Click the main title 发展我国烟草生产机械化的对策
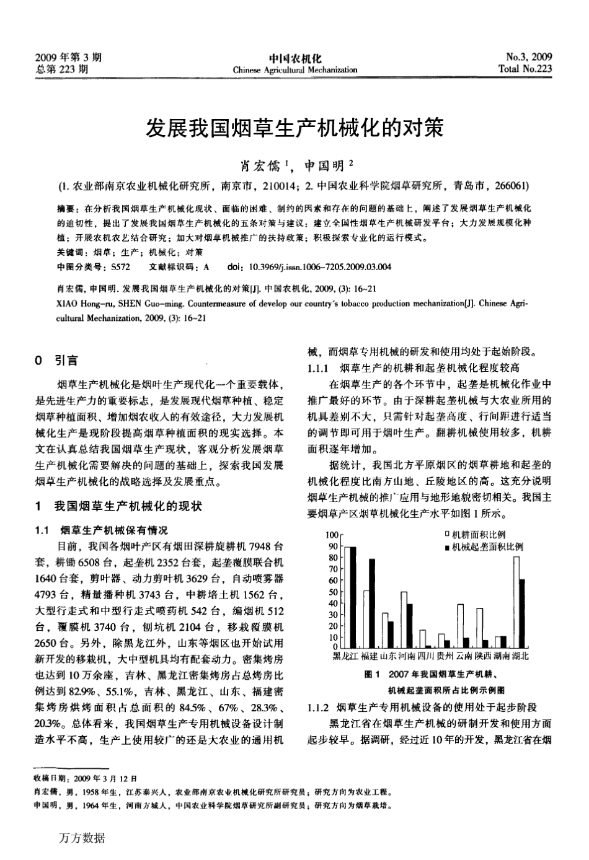pyautogui.click(x=294, y=129)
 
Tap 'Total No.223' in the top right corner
pyautogui.click(x=525, y=69)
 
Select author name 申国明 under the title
pyautogui.click(x=325, y=165)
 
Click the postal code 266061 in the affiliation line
pyautogui.click(x=512, y=185)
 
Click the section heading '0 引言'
pyautogui.click(x=57, y=360)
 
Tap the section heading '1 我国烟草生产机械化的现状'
pyautogui.click(x=119, y=506)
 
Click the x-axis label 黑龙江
pyautogui.click(x=346, y=656)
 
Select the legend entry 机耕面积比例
pyautogui.click(x=477, y=535)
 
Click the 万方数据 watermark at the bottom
pyautogui.click(x=81, y=838)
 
